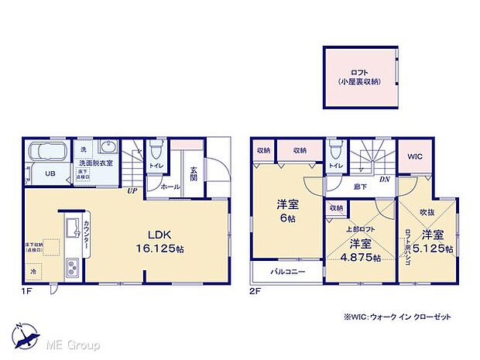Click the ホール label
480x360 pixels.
pyautogui.click(x=171, y=187)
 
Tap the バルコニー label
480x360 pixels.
pyautogui.click(x=287, y=273)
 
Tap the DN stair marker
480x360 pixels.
pyautogui.click(x=385, y=179)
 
